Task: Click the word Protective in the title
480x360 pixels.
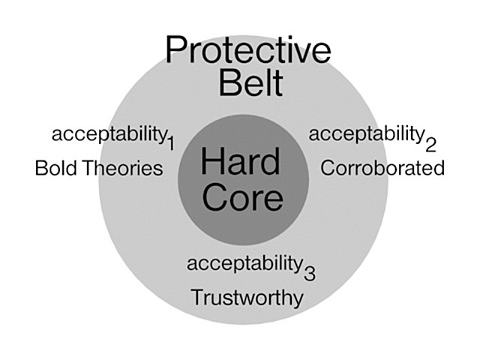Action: click(248, 50)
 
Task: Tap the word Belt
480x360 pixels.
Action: click(251, 83)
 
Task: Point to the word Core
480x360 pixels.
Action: click(242, 197)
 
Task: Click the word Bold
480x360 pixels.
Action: click(54, 168)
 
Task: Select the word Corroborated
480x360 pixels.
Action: click(382, 168)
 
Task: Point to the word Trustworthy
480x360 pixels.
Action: click(247, 298)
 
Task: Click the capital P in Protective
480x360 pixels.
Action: click(175, 50)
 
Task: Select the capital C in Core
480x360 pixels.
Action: click(215, 197)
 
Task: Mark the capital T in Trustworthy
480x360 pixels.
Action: click(196, 298)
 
